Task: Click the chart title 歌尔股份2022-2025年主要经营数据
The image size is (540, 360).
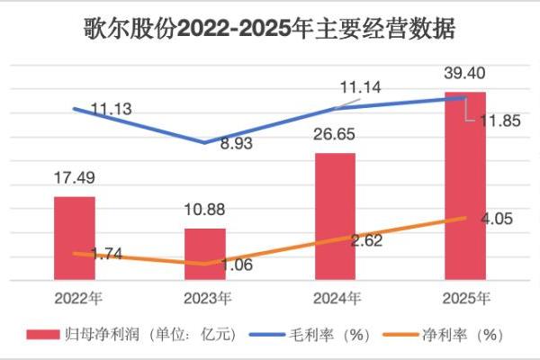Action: pos(270,29)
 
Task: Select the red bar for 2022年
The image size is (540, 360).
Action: pos(74,238)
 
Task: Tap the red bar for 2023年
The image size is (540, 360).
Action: pos(205,255)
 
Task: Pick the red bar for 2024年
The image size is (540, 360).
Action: pos(336,217)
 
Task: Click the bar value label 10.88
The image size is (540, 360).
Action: pos(203,211)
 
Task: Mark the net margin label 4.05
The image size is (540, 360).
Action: pos(494,217)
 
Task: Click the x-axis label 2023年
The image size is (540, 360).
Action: pos(205,298)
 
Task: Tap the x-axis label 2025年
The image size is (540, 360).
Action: pos(466,298)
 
